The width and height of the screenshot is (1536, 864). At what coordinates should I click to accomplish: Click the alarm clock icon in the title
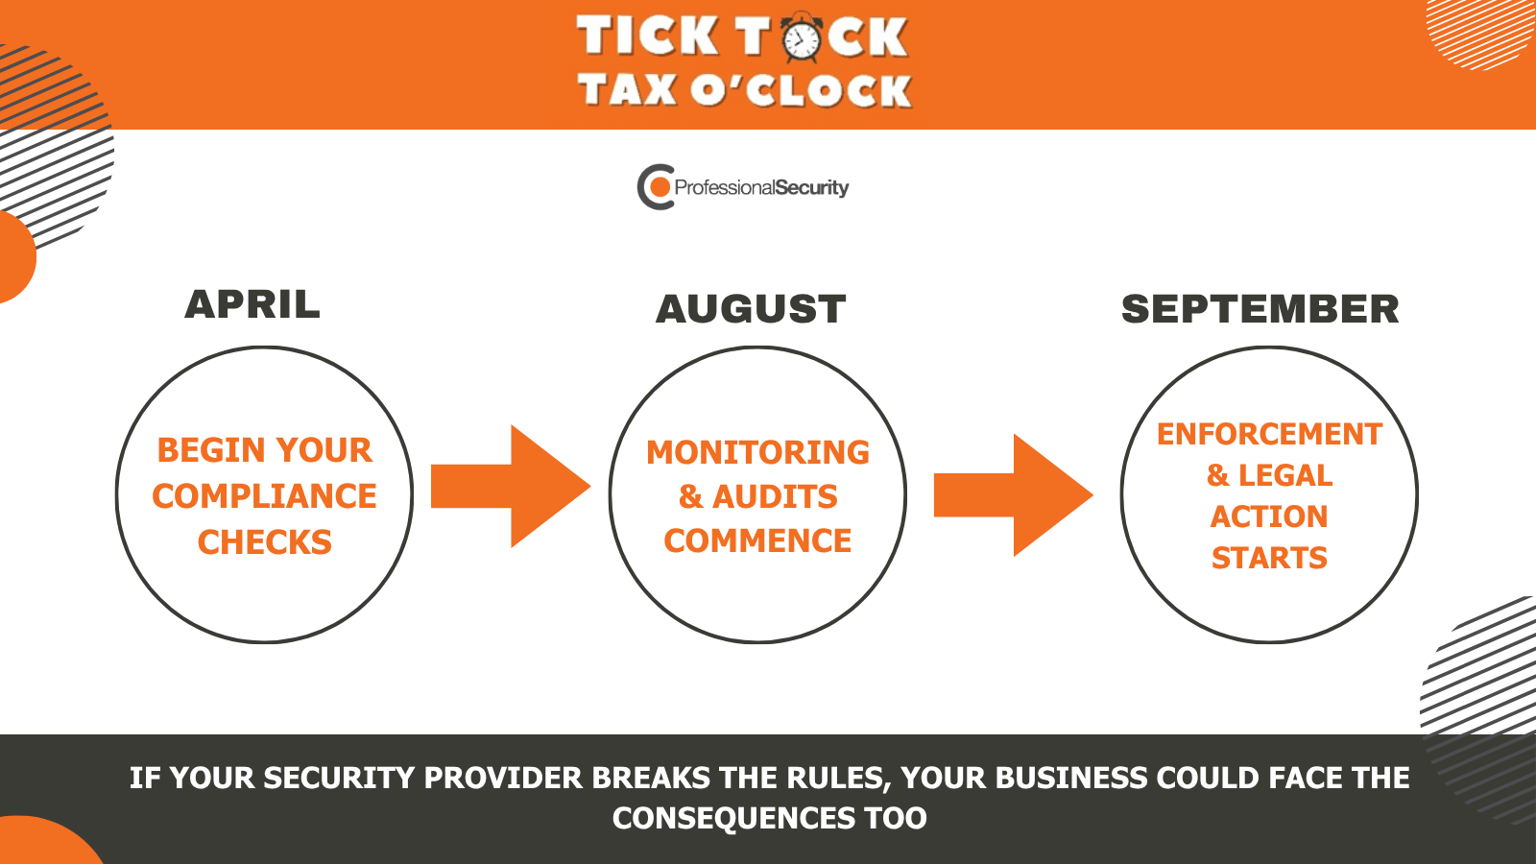(801, 37)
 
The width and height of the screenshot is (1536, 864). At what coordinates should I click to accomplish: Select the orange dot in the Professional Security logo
(660, 186)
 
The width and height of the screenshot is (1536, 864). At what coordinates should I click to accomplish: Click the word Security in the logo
(812, 188)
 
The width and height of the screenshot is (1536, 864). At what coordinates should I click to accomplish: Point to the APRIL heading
(252, 304)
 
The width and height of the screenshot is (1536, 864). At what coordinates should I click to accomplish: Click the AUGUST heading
(751, 308)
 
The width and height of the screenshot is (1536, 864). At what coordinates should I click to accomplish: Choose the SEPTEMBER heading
(1260, 308)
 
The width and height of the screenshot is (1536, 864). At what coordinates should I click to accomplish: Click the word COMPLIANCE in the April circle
(265, 495)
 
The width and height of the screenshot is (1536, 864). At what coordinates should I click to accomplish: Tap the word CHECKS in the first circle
(265, 541)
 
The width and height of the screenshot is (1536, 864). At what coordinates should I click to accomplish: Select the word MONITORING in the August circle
(757, 452)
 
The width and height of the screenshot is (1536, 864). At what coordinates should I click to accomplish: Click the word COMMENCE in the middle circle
(757, 540)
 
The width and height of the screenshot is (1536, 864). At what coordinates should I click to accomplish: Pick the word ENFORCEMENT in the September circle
(1269, 434)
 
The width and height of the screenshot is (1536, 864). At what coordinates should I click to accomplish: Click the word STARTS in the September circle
(1269, 558)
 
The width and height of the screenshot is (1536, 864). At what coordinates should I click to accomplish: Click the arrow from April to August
(511, 486)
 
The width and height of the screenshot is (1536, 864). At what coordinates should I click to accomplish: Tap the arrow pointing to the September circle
(1014, 495)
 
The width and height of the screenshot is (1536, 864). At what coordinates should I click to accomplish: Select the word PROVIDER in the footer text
(503, 778)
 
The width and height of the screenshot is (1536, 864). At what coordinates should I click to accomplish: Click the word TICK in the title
(647, 36)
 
